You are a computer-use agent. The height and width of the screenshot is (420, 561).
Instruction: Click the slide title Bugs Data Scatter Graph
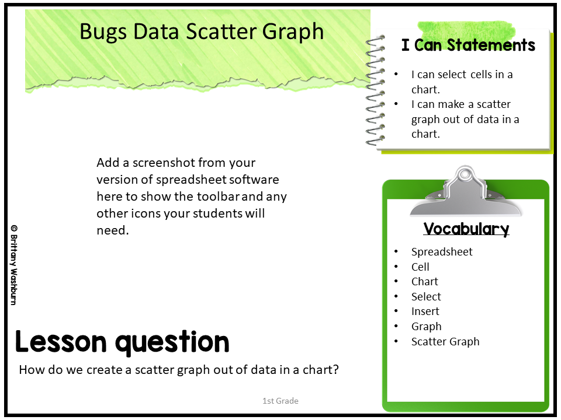coord(202,32)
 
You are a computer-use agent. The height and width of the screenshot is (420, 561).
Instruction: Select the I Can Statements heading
coord(468,45)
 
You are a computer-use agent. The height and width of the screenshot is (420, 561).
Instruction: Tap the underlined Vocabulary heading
coord(466,229)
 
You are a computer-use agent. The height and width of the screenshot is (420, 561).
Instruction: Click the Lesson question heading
coord(122,342)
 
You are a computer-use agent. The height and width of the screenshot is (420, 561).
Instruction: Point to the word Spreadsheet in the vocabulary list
coord(442,252)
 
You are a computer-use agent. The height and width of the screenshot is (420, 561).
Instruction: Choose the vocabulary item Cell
coord(420,267)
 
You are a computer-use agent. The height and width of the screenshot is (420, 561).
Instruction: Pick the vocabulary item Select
coord(426,296)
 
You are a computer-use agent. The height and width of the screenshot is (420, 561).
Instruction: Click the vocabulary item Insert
coord(425,311)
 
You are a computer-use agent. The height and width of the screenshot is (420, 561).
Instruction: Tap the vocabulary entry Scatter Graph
coord(445,342)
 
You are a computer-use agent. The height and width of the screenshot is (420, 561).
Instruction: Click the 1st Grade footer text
coord(280,401)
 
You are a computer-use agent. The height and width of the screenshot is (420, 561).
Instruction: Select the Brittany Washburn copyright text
coord(14,265)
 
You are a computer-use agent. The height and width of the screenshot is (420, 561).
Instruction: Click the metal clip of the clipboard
coord(465,191)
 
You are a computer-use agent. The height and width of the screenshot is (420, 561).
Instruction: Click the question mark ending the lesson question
coord(335,369)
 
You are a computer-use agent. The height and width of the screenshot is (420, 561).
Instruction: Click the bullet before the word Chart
coord(396,281)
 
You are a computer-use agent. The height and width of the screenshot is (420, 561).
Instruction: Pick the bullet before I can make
coord(396,104)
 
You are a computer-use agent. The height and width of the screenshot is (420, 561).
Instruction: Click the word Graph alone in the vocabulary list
coord(427,327)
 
